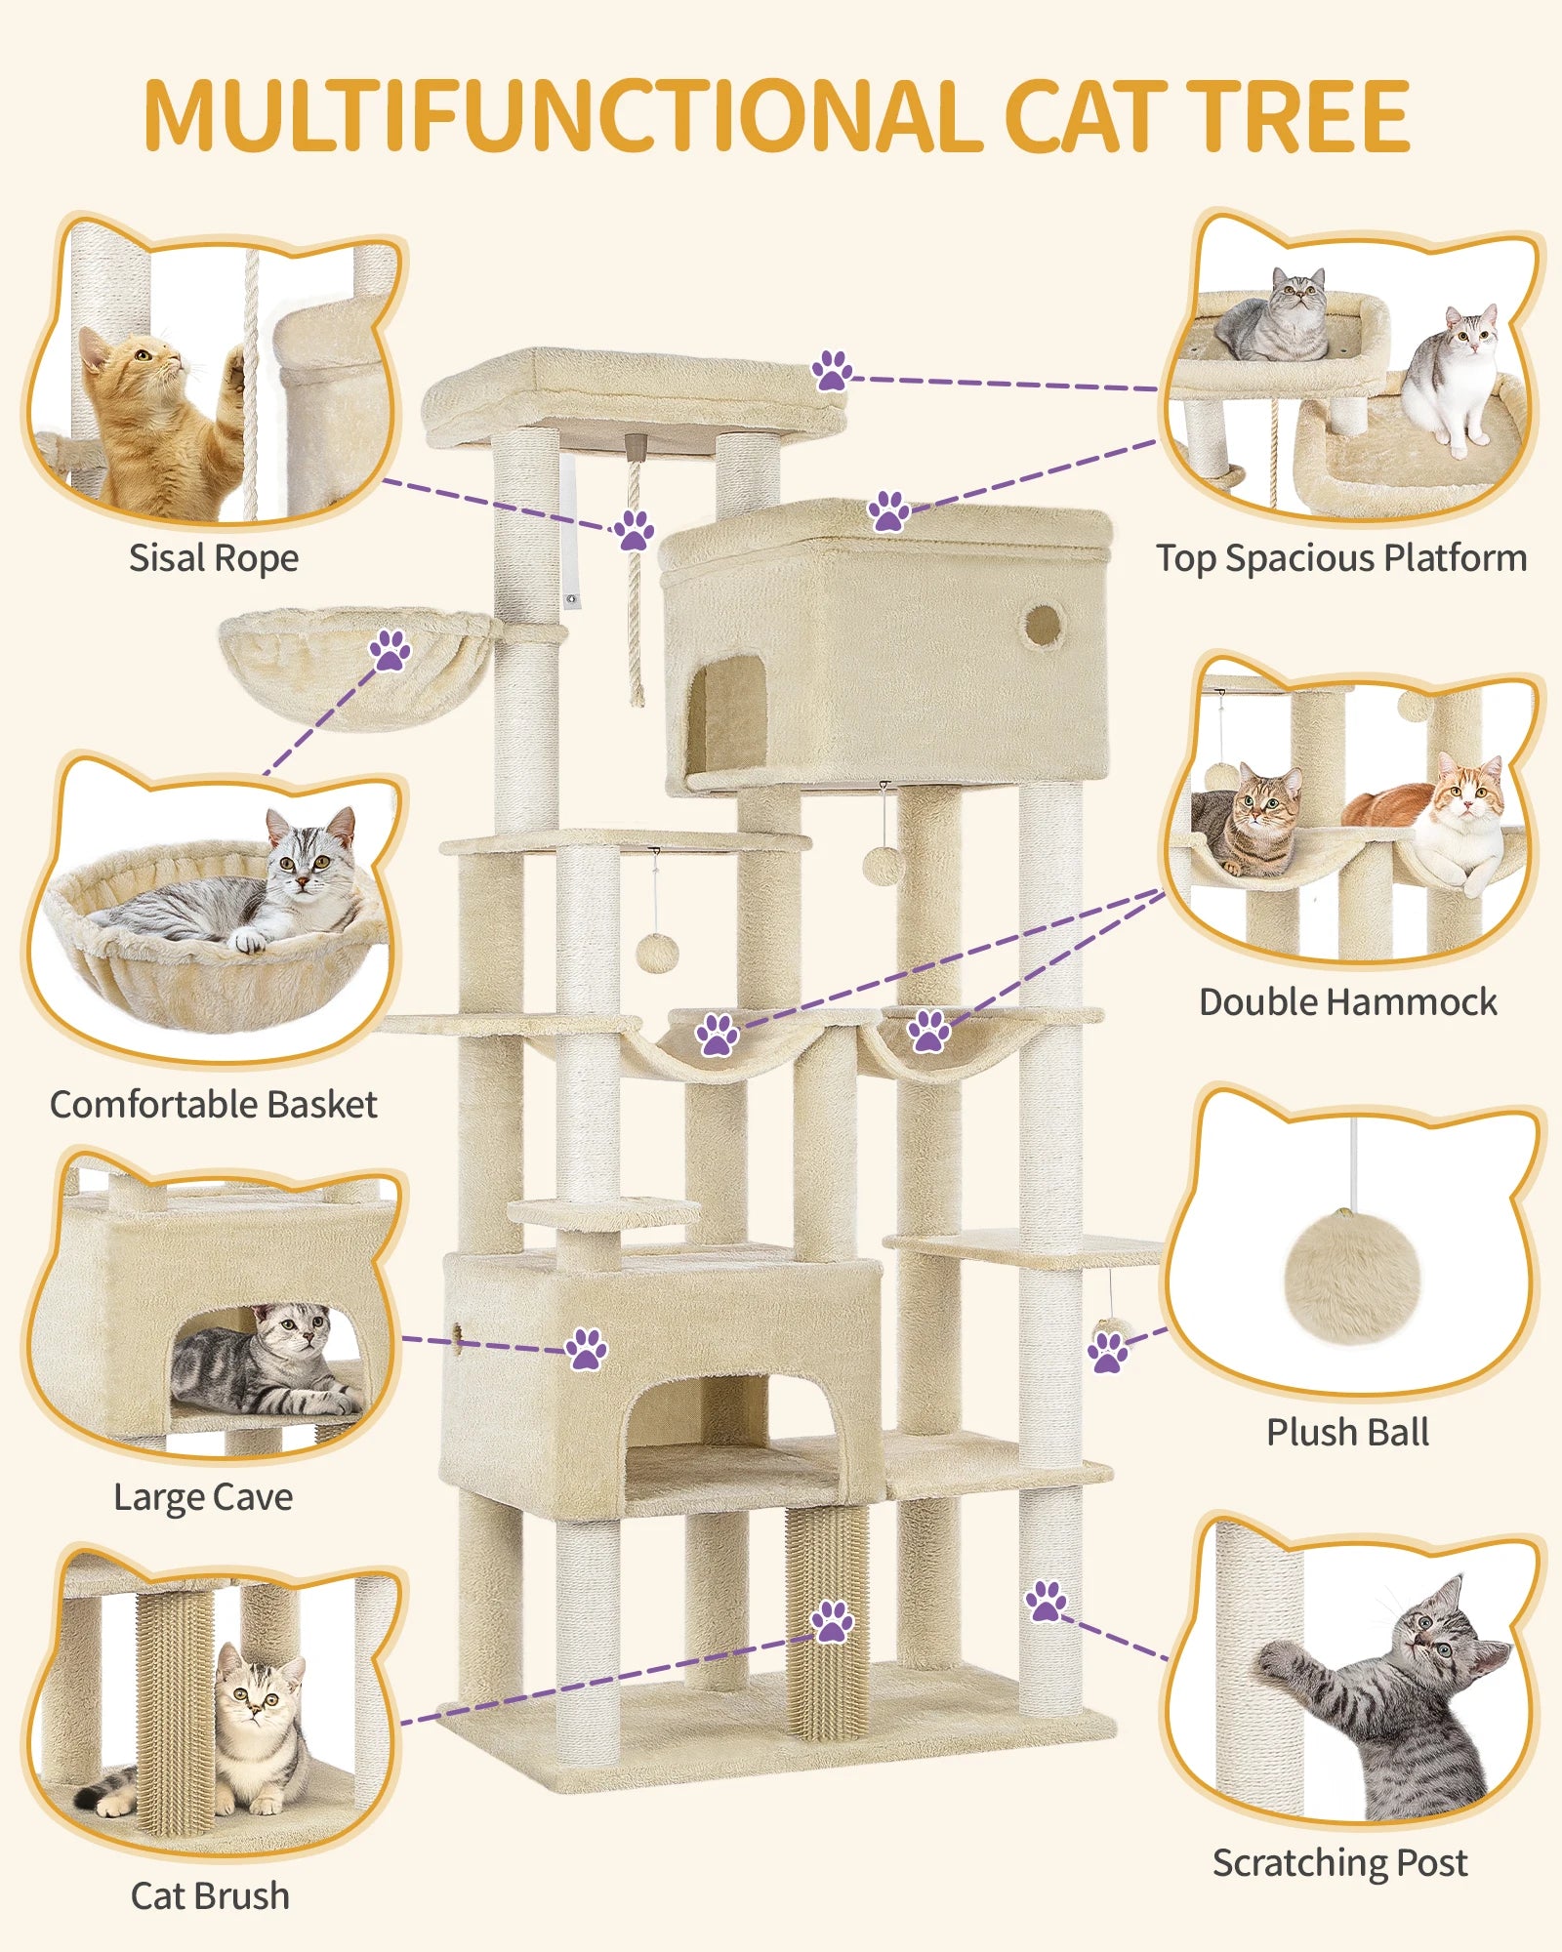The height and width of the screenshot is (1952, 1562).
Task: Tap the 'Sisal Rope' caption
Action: pos(213,558)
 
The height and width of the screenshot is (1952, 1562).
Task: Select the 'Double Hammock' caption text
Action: pos(1347,1002)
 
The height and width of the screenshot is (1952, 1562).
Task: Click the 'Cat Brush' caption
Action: pos(210,1895)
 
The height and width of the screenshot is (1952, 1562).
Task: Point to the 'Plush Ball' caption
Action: pos(1347,1433)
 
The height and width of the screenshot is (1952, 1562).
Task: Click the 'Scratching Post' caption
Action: pos(1339,1862)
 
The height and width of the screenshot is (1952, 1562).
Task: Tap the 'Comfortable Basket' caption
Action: pos(213,1105)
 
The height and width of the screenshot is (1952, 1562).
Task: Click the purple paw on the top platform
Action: pos(832,371)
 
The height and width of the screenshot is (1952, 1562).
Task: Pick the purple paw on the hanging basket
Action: pos(390,650)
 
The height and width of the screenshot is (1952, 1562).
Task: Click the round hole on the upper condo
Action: pos(1043,625)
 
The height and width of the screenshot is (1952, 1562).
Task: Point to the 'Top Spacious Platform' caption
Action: pos(1341,558)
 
